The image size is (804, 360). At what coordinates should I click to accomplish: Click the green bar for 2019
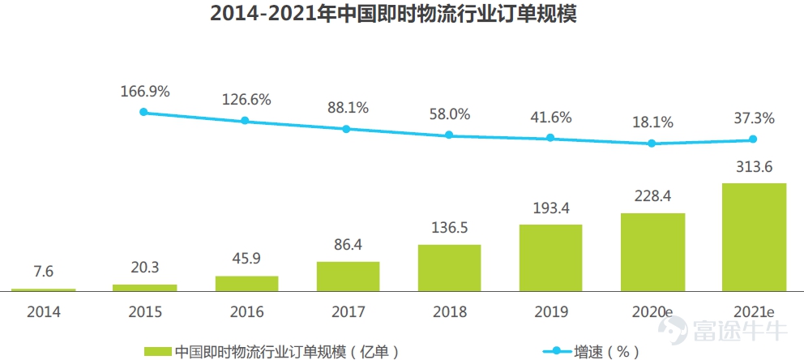click(x=550, y=257)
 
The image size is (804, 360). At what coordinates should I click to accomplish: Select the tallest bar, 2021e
click(x=753, y=236)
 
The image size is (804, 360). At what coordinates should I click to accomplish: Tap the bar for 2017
click(x=348, y=276)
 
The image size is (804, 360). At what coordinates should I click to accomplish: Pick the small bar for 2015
click(x=144, y=287)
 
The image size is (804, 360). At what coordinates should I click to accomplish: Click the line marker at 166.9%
click(x=144, y=112)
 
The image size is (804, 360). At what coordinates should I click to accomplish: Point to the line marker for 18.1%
click(x=652, y=144)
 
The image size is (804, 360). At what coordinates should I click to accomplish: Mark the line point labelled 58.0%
click(x=449, y=135)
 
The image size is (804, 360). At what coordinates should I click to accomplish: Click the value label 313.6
click(x=753, y=167)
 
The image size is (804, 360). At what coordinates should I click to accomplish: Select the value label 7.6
click(x=43, y=272)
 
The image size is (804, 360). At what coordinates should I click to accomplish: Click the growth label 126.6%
click(x=246, y=100)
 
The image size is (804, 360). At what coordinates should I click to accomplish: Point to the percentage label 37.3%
click(x=753, y=118)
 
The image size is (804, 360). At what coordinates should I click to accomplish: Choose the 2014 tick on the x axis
click(x=43, y=311)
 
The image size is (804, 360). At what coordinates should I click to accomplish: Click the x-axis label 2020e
click(x=652, y=311)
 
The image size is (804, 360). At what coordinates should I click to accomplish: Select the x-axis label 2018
click(x=449, y=311)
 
